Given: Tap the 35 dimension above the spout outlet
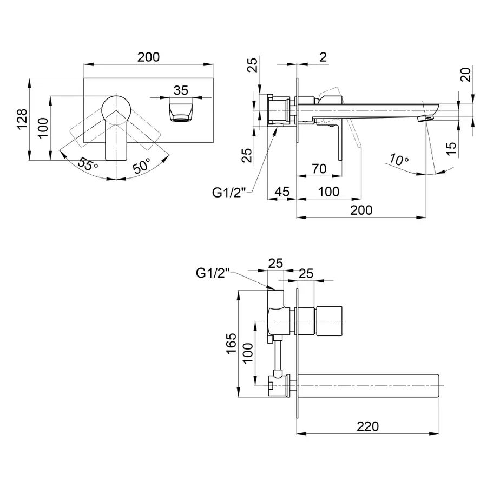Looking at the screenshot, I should [181, 90].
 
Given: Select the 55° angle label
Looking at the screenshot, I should [87, 164].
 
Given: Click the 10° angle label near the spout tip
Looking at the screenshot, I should [398, 160].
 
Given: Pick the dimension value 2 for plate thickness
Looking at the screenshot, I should [323, 57].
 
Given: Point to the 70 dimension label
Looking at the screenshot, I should [319, 168].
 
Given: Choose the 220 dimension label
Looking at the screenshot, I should [368, 426].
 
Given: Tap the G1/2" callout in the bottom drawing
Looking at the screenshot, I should [213, 273].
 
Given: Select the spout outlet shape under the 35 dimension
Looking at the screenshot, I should [181, 110].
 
